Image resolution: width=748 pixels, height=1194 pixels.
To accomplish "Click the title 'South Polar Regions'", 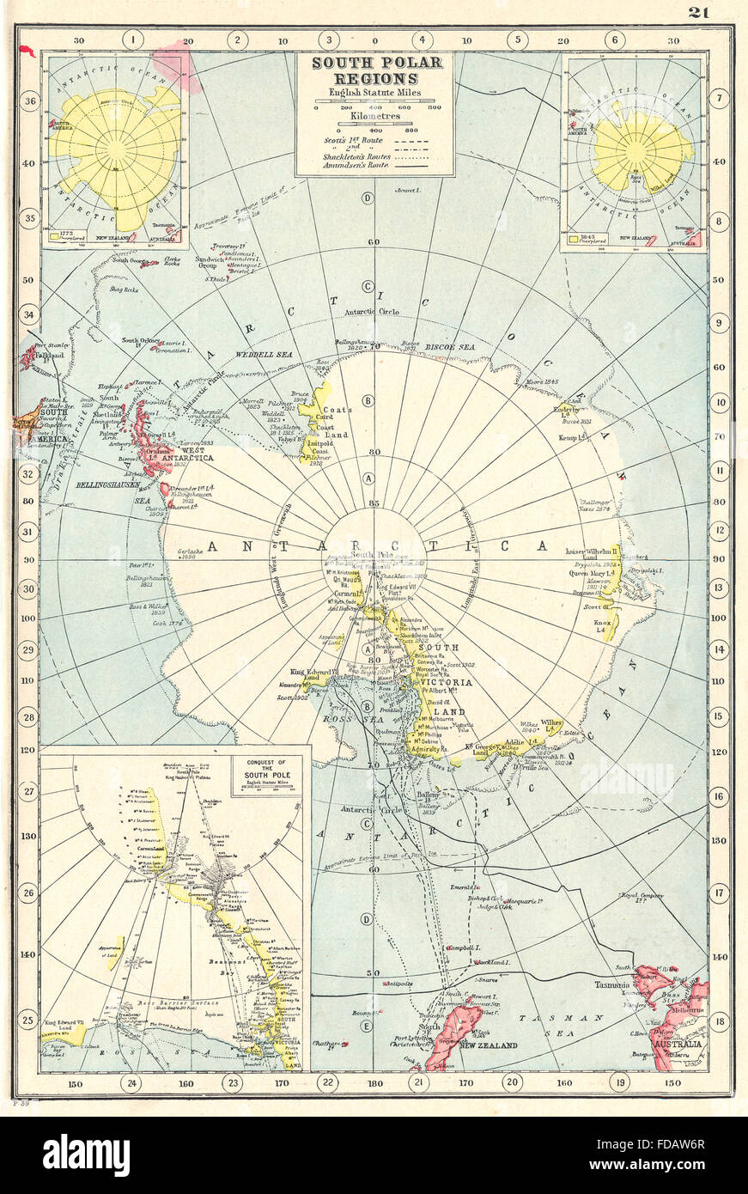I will [x=375, y=70].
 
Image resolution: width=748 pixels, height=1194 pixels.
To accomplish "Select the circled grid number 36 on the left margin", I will [x=29, y=101].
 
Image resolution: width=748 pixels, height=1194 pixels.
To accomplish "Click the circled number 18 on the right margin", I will [x=719, y=1022].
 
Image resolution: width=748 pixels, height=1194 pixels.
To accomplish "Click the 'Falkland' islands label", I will [x=49, y=354].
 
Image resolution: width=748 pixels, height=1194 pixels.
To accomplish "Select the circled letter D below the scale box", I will [x=368, y=198].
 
